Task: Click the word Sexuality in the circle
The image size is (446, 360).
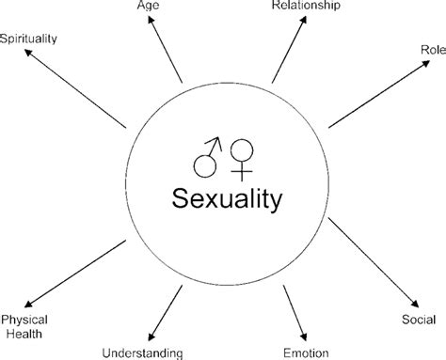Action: point(226,198)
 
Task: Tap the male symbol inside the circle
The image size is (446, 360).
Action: point(207,157)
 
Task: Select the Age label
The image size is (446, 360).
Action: point(149,6)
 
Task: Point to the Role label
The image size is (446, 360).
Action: point(431,48)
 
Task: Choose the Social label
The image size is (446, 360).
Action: point(420,320)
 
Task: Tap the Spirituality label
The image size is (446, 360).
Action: point(30,39)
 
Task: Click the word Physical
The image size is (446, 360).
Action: point(23,319)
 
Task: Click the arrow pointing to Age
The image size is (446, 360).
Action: point(166,52)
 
